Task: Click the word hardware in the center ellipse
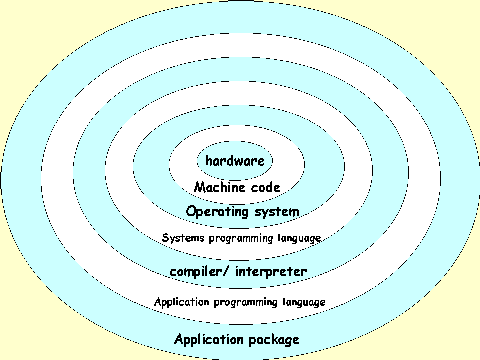240,161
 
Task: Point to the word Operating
220,211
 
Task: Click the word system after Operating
278,211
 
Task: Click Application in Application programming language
182,301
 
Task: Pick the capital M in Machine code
200,186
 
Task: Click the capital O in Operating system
192,211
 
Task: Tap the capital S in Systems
165,238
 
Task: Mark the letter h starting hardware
208,161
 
